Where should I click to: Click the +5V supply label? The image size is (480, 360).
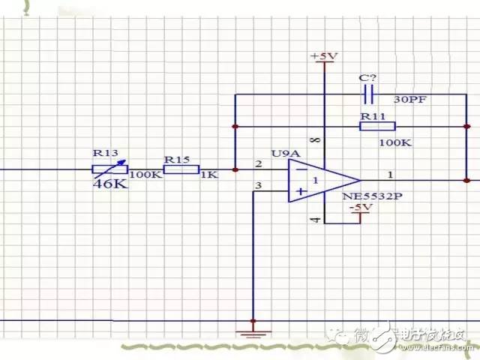tap(324, 57)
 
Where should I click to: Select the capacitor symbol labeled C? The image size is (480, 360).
tap(368, 94)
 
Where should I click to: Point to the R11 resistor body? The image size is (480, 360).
tap(372, 126)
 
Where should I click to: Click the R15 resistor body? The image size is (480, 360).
tap(181, 169)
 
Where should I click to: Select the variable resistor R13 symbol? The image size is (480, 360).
tap(109, 169)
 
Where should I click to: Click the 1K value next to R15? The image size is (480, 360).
tap(208, 175)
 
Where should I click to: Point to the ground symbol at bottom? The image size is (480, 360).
tap(253, 329)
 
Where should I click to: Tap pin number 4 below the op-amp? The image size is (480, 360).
tap(316, 220)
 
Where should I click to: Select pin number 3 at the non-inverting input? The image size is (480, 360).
tap(259, 186)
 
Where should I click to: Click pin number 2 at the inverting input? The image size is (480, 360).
tap(259, 163)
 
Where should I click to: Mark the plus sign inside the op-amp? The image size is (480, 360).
tap(300, 192)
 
